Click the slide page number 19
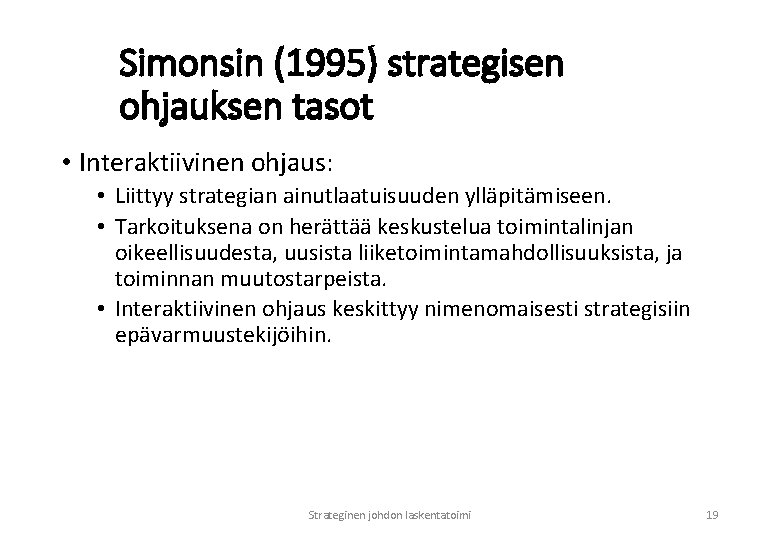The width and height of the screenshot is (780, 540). click(x=712, y=515)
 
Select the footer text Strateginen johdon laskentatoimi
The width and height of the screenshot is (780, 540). click(x=390, y=515)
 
